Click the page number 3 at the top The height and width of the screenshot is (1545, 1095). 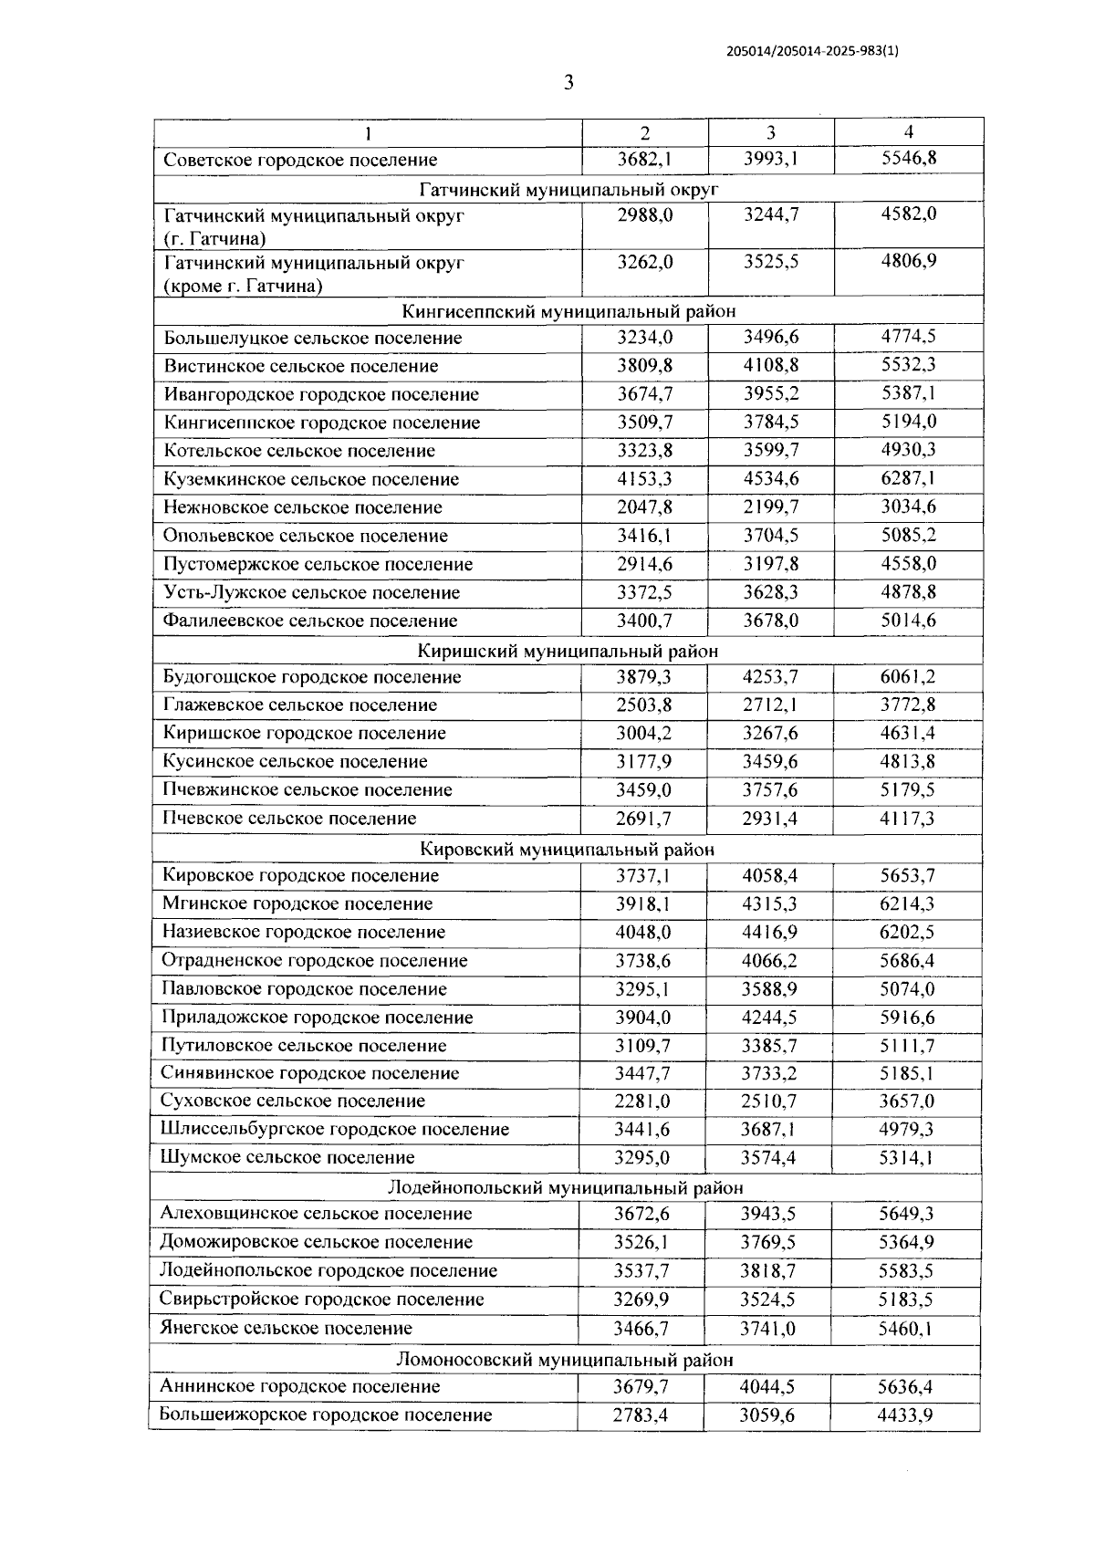pos(568,83)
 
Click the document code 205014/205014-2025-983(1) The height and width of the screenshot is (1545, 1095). pos(812,52)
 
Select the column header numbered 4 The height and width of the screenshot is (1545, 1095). pos(908,131)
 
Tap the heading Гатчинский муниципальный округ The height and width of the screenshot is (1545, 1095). pos(568,189)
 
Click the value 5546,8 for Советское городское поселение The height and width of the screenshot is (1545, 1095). pos(908,159)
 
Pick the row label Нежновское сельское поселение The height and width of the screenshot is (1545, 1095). pos(303,507)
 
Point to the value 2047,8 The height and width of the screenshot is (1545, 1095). pos(644,507)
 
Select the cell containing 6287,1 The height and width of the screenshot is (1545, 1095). pos(908,478)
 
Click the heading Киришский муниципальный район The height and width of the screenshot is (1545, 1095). pos(568,651)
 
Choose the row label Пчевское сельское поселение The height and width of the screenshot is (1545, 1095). pos(289,819)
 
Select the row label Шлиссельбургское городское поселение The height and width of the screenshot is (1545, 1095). pos(335,1130)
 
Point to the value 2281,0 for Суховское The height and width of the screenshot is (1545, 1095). pos(642,1101)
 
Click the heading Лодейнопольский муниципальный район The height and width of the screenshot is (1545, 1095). pos(566,1187)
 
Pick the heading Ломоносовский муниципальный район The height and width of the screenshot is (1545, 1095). pos(565,1360)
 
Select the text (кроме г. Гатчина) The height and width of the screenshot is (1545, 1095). pos(243,286)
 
